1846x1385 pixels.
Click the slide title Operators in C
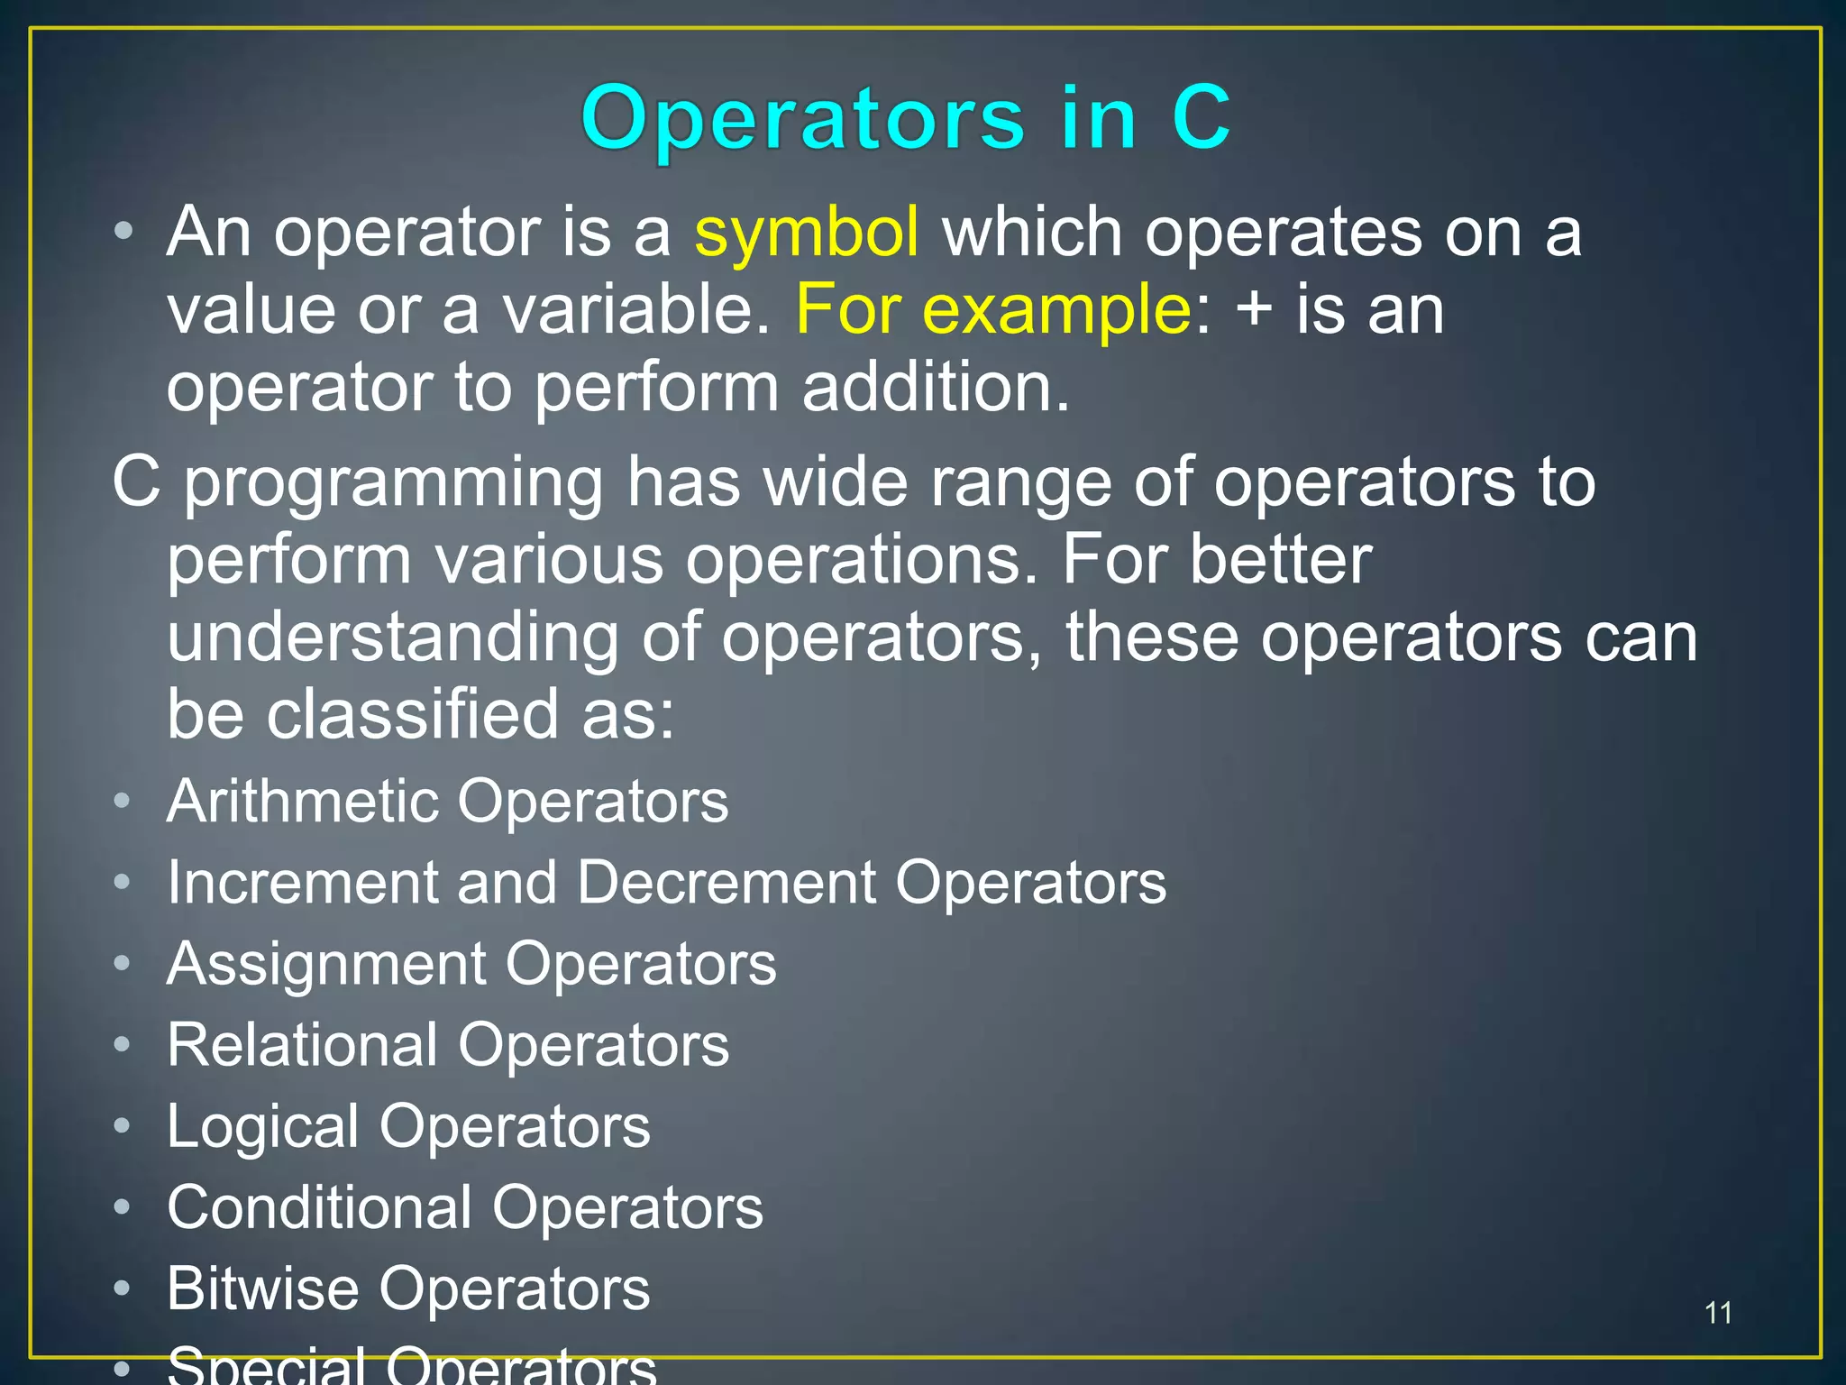pyautogui.click(x=905, y=118)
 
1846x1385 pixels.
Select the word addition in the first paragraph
pyautogui.click(x=935, y=388)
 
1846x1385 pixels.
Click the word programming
pyautogui.click(x=393, y=483)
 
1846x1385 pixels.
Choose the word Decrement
pyautogui.click(x=726, y=882)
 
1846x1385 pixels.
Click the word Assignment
pyautogui.click(x=326, y=964)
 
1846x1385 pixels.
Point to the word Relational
pyautogui.click(x=302, y=1045)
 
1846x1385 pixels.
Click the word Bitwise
pyautogui.click(x=262, y=1289)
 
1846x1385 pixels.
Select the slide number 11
pyautogui.click(x=1718, y=1313)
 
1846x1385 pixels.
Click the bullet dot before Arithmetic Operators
pyautogui.click(x=123, y=801)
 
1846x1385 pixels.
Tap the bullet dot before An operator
pyautogui.click(x=123, y=231)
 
